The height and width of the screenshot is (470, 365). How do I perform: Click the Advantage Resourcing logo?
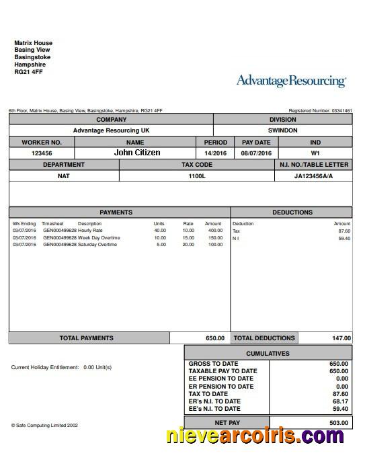pos(291,81)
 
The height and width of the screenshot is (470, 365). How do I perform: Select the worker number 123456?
pos(42,153)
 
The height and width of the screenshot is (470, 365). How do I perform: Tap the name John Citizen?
pos(137,153)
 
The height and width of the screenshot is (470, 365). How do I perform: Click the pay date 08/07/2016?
pos(255,153)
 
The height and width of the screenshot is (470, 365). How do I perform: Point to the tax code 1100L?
pos(196,176)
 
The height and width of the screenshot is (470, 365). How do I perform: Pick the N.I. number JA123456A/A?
pos(313,176)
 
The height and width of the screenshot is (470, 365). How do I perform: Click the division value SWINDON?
pos(282,130)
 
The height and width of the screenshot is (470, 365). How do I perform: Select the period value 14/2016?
pos(216,153)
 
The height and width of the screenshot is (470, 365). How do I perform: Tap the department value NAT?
pos(63,176)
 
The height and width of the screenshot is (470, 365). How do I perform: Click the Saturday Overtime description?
pos(98,245)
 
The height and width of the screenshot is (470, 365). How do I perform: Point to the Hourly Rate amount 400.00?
pos(214,231)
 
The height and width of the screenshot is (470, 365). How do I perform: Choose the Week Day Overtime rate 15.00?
pos(188,238)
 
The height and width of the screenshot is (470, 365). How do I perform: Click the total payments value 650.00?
pos(214,338)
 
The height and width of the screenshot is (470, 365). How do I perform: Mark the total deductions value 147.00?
pos(341,338)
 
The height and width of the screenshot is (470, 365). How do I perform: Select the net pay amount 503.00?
pos(339,423)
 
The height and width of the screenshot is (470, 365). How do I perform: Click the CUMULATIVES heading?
pos(268,353)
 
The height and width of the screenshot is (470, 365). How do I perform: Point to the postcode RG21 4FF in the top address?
pos(28,72)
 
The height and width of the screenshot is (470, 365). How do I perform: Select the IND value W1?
pos(315,153)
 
